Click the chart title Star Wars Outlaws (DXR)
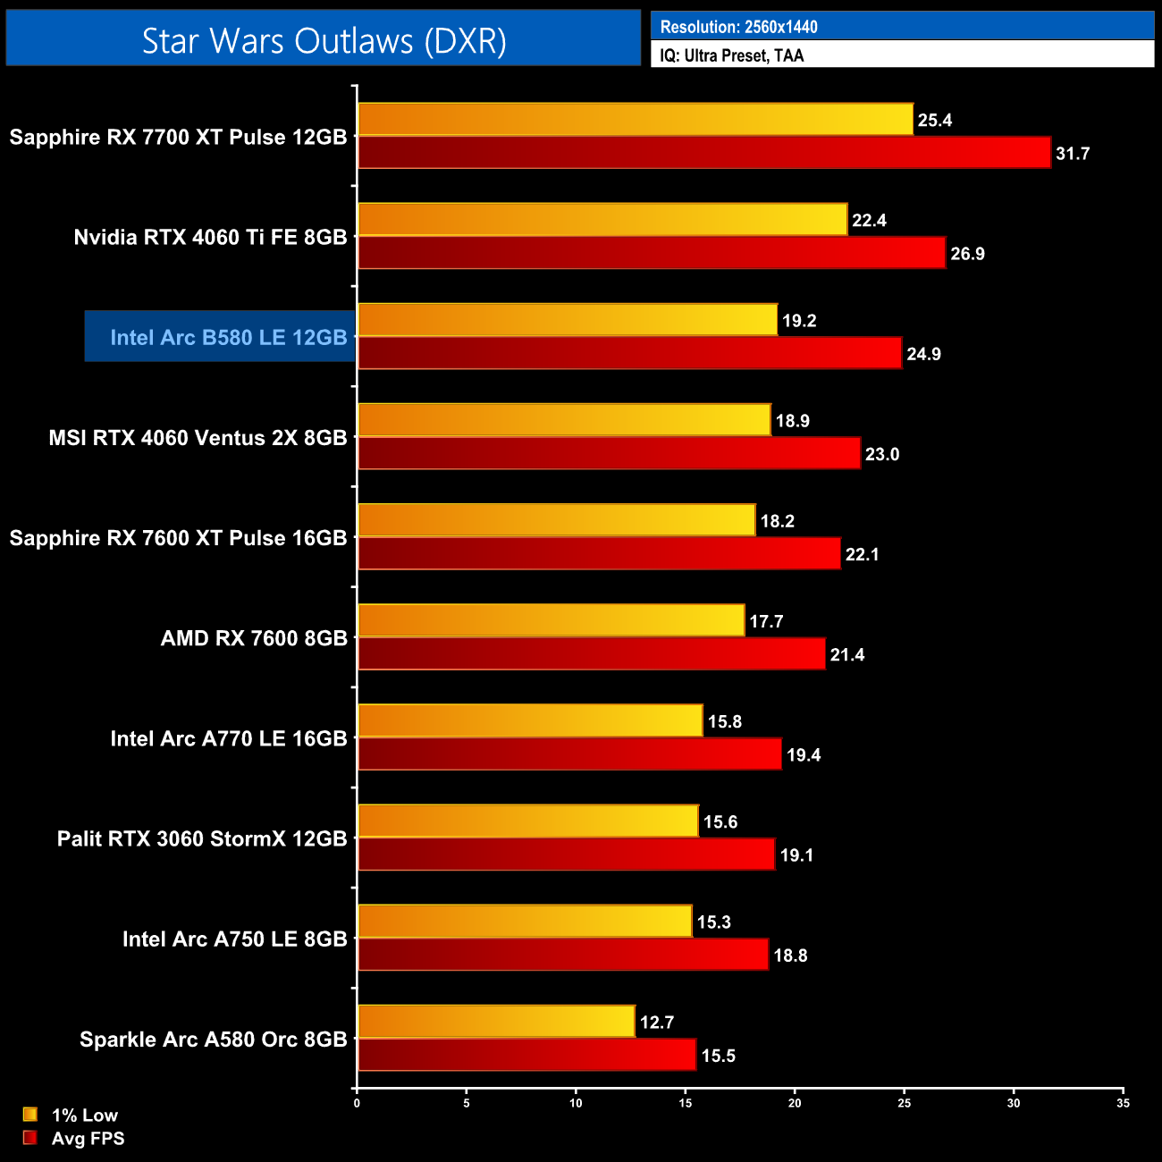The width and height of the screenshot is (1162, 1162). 324,41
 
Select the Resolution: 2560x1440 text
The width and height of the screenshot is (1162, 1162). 738,27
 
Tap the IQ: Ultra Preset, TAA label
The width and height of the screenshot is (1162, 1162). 731,55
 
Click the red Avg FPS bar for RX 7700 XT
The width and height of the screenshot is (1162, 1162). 704,153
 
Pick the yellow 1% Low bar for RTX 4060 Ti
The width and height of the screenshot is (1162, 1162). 602,220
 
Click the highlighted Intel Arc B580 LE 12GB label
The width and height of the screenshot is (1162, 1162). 228,337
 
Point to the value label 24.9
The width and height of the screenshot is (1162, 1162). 923,354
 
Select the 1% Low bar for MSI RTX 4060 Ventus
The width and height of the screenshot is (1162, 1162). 564,420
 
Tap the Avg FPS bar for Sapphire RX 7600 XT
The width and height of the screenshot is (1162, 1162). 599,554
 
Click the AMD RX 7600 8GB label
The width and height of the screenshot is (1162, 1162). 254,638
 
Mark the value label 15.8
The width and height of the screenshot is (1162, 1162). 724,721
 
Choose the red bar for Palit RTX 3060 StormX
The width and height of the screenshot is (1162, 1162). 566,855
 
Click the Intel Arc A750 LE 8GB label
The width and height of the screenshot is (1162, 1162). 234,939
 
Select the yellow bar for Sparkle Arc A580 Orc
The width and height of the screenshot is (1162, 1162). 496,1022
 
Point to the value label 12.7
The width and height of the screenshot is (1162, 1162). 657,1022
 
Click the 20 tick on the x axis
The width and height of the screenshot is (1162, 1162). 795,1103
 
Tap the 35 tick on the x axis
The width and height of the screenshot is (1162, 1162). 1123,1103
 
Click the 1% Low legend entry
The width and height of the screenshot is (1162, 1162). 84,1115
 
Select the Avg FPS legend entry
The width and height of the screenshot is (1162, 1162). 88,1138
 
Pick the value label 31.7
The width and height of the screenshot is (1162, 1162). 1073,154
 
